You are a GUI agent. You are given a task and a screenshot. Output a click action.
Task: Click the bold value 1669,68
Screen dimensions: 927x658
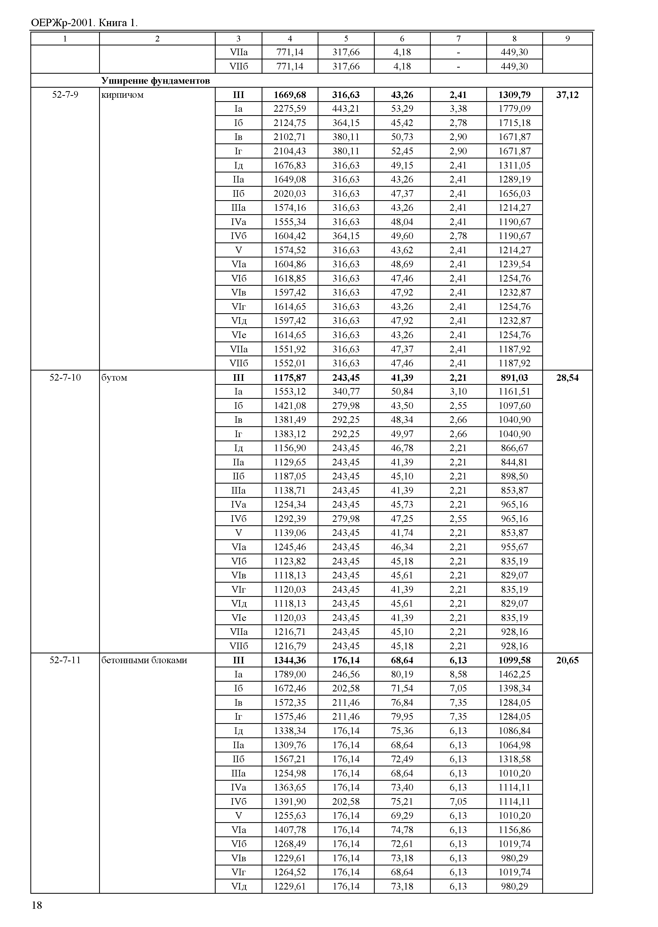click(290, 95)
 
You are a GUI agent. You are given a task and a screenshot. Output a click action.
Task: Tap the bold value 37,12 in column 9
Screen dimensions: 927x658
click(567, 95)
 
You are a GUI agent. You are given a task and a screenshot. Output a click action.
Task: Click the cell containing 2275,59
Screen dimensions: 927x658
click(290, 109)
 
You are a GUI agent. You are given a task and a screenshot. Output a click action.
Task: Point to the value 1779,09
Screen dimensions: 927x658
click(514, 109)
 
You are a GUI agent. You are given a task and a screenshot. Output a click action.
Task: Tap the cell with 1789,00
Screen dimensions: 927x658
click(290, 674)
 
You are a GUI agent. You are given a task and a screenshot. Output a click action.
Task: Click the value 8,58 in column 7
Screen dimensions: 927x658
click(458, 674)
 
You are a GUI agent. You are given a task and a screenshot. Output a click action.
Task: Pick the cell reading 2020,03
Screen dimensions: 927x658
click(290, 194)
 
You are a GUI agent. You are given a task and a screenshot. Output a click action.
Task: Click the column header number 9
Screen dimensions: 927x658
click(567, 39)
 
